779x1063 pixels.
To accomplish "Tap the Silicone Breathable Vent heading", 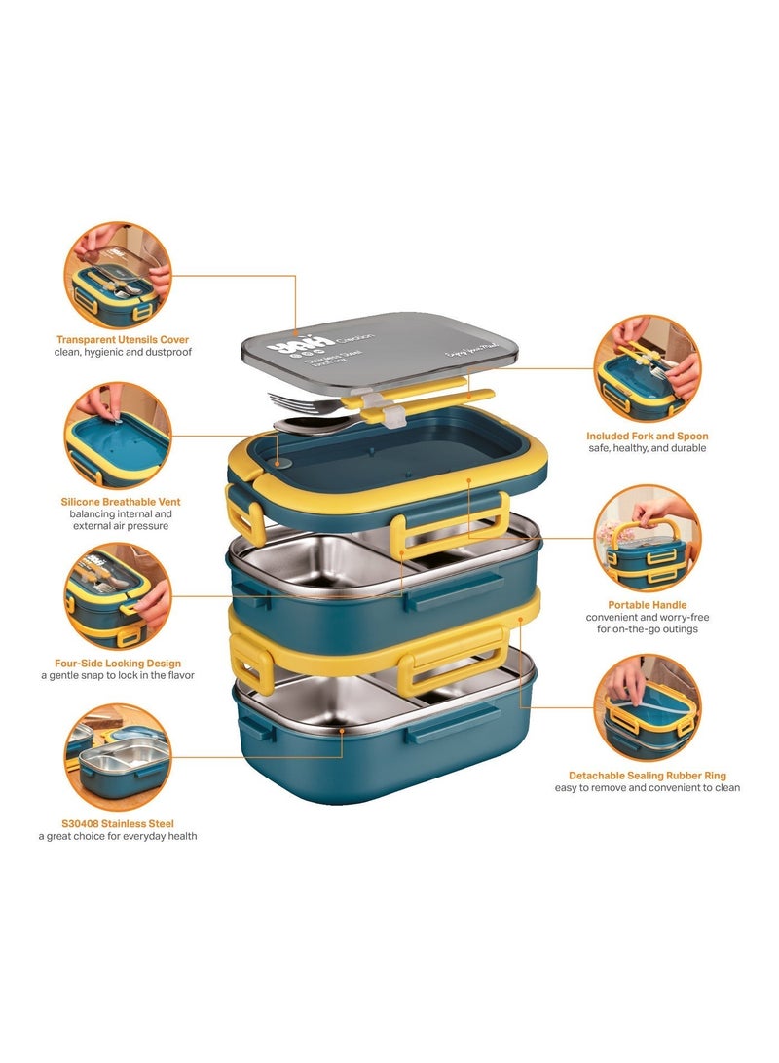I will [x=118, y=502].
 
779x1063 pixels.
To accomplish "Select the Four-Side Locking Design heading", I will [x=118, y=664].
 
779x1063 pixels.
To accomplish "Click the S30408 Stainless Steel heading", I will [x=118, y=823].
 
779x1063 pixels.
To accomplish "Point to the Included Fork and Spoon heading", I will [x=647, y=436].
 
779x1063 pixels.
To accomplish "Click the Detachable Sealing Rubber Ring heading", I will [x=647, y=775].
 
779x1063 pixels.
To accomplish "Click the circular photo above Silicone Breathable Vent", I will [x=118, y=436].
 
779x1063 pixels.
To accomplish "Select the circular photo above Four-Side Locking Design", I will [x=118, y=596].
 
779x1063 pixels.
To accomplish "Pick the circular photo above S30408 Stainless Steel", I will [x=118, y=758].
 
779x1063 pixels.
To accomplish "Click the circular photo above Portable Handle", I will [x=647, y=538].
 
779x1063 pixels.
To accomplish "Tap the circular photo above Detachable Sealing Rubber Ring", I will [x=647, y=707].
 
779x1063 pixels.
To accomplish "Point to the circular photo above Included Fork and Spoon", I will [x=647, y=368].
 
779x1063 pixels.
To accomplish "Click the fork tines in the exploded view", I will [x=282, y=401].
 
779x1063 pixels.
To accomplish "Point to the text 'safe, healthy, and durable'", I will [x=647, y=448].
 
